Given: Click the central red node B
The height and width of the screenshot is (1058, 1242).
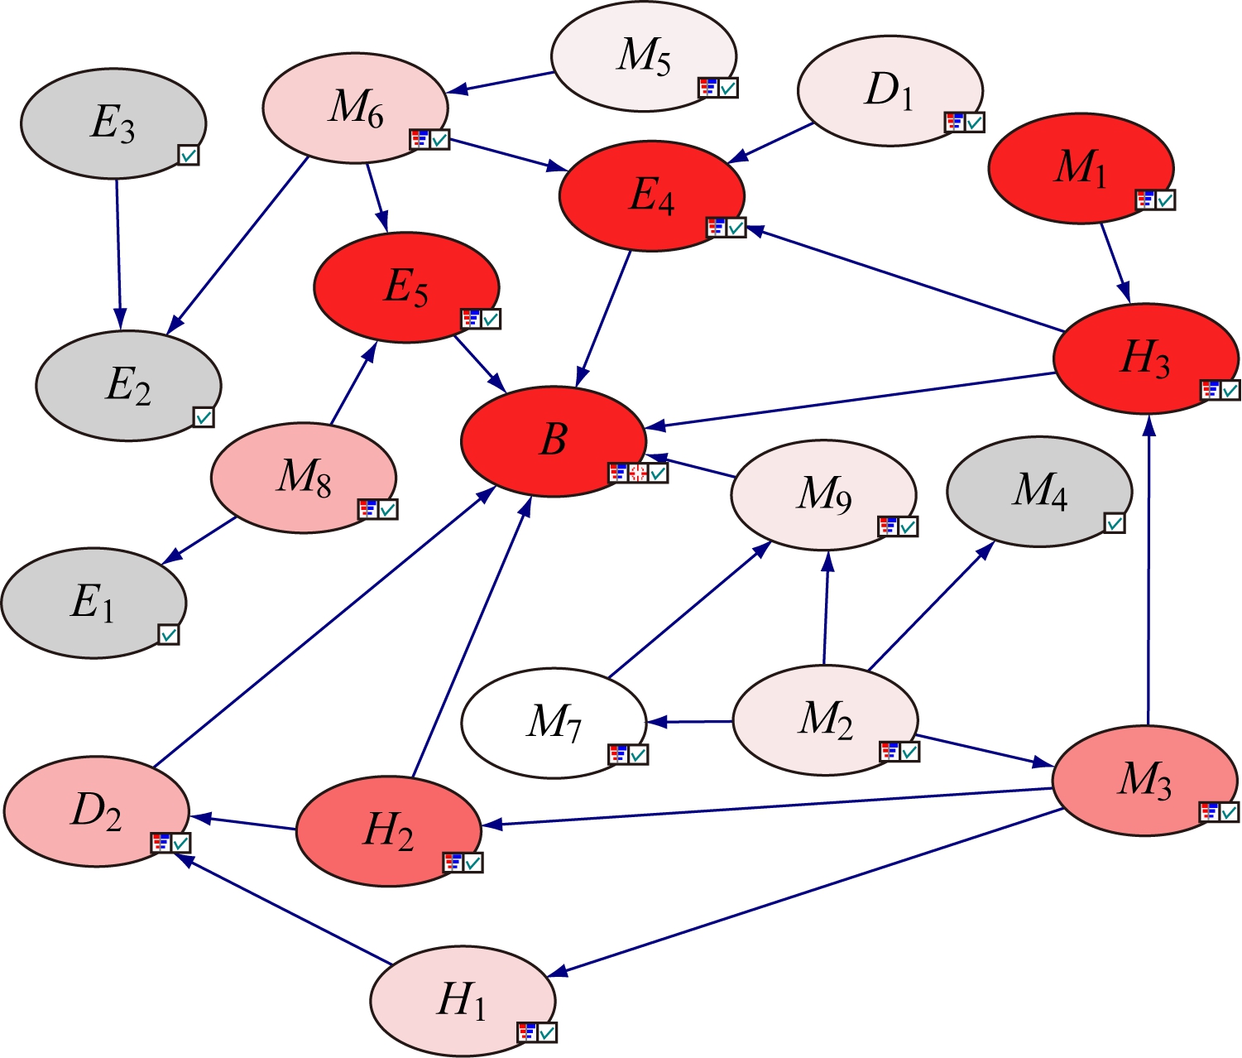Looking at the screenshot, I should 553,440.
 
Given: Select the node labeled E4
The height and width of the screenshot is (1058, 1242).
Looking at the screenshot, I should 652,195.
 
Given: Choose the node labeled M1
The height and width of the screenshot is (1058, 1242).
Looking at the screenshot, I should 1081,167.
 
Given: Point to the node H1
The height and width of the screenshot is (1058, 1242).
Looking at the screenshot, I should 462,1000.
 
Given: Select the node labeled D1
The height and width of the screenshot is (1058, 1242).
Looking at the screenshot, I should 890,91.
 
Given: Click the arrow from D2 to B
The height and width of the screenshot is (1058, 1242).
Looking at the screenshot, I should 323,627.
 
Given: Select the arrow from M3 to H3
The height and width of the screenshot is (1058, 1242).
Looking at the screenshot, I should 1148,571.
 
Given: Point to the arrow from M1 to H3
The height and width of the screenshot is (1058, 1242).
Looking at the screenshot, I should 1115,263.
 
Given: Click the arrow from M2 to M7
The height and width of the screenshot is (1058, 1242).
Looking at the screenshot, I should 691,722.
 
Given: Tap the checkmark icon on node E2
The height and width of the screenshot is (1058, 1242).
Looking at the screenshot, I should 204,417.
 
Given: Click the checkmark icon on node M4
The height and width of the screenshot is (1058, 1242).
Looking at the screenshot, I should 1115,523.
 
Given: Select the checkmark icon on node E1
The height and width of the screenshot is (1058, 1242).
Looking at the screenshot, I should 169,635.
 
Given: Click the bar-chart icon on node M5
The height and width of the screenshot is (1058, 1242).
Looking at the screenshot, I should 708,88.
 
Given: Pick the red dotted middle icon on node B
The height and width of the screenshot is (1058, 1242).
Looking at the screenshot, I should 638,473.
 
